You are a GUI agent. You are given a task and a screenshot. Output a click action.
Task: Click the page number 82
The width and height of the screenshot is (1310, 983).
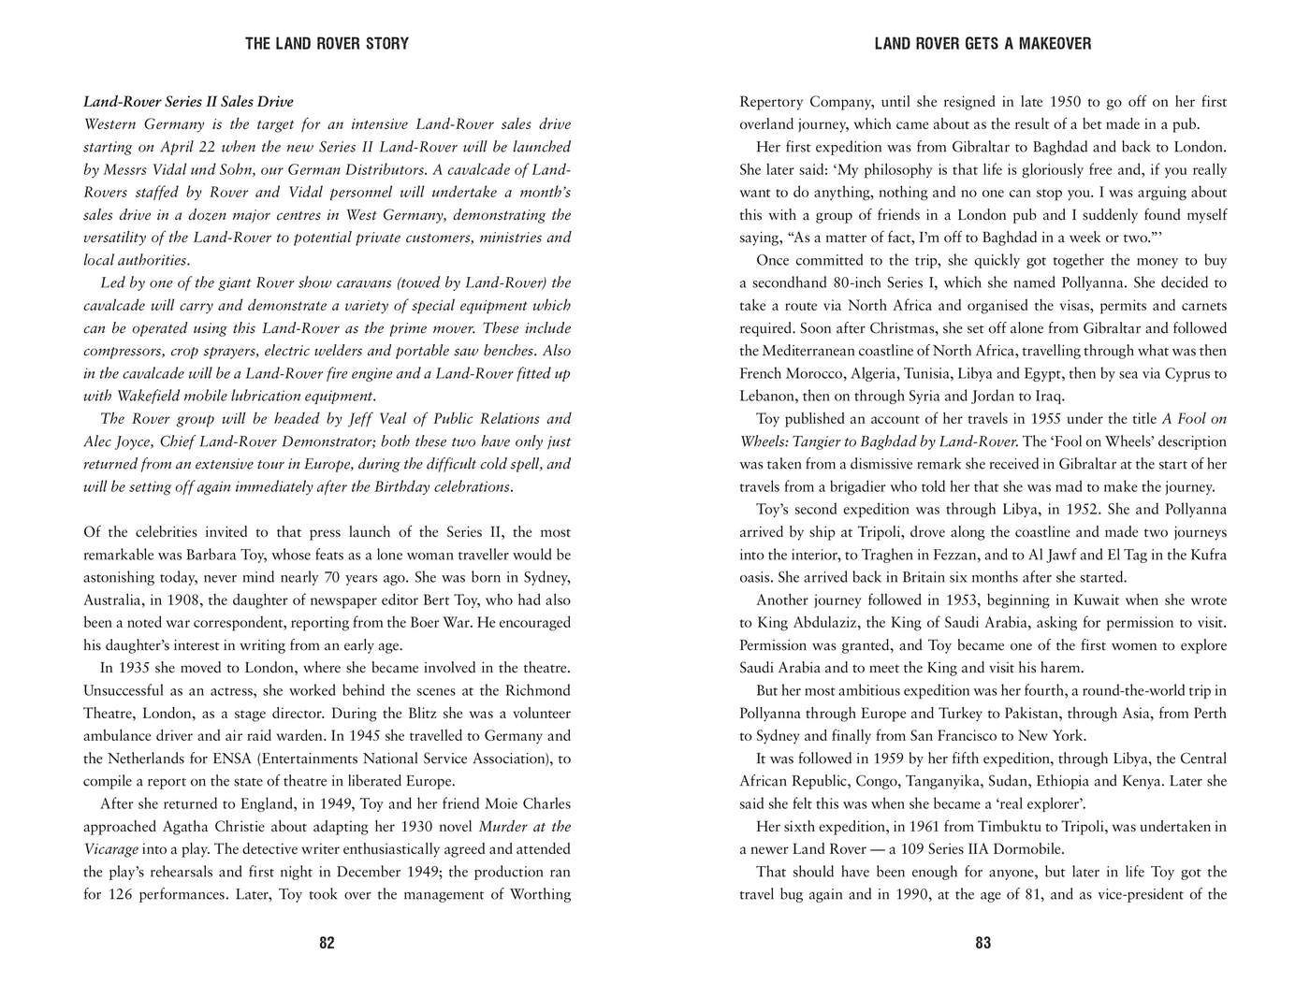click(x=327, y=943)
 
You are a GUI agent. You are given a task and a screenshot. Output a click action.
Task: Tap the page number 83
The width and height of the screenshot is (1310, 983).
click(x=982, y=943)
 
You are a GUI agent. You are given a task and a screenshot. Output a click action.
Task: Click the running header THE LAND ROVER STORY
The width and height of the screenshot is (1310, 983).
click(x=327, y=44)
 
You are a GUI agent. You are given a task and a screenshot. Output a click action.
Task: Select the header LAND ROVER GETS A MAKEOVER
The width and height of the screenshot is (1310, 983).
click(x=982, y=44)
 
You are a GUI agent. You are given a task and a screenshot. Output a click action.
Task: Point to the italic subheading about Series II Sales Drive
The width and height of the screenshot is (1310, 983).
click(x=188, y=102)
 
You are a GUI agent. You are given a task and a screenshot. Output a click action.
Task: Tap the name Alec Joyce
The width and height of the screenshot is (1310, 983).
click(x=118, y=441)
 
